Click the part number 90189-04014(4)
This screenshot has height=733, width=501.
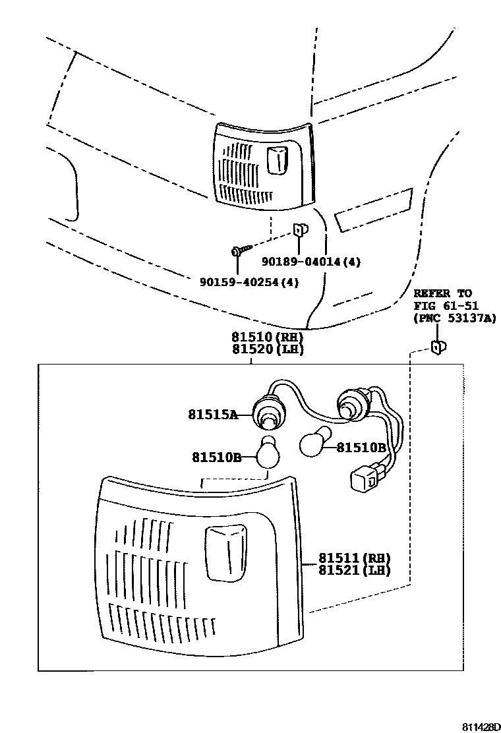point(312,262)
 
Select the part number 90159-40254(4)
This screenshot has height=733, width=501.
point(250,282)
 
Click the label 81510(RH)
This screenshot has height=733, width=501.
point(267,337)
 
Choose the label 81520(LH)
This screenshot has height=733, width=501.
point(267,349)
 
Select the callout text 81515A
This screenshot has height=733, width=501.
point(211,415)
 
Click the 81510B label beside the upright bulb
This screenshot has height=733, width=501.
point(217,456)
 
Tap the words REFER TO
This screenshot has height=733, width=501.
point(443,293)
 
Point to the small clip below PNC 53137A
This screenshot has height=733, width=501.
point(437,347)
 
